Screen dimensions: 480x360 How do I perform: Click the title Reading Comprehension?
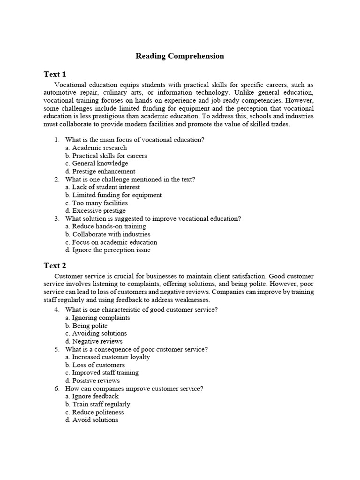180,56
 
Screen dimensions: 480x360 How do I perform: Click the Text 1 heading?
55,74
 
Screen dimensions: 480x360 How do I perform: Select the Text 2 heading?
55,266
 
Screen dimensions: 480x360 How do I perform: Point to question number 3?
57,218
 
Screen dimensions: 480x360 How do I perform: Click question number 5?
57,349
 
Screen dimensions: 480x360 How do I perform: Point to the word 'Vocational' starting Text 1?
71,85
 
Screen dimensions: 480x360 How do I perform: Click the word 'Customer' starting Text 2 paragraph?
69,277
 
